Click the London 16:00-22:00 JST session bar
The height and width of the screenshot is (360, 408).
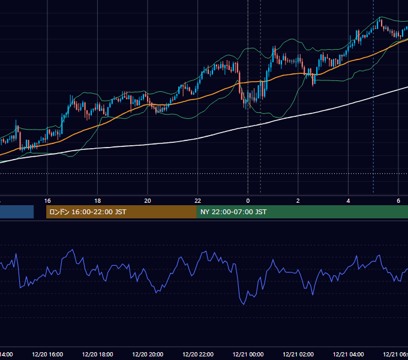(121, 212)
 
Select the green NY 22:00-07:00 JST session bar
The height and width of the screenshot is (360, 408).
(302, 212)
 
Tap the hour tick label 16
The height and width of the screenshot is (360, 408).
(47, 201)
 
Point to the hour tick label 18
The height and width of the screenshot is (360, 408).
(98, 201)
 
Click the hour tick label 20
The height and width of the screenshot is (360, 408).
(148, 201)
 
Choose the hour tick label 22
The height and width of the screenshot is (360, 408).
(198, 201)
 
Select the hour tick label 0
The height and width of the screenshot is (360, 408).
(248, 201)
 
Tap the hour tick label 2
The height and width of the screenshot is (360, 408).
(298, 201)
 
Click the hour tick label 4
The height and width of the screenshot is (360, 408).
(348, 201)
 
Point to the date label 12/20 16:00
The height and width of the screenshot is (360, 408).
(47, 354)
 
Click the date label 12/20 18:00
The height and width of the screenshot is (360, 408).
(98, 354)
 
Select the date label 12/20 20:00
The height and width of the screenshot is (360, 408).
(148, 354)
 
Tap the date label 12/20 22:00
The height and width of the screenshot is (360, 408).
(198, 354)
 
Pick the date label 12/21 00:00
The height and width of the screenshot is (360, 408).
(248, 354)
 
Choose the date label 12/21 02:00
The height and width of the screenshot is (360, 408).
(298, 354)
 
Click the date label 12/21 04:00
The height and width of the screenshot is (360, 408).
(349, 354)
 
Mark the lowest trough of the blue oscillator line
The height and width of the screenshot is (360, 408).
(244, 304)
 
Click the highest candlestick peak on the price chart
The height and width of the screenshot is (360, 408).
(380, 17)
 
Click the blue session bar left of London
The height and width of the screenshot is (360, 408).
(17, 212)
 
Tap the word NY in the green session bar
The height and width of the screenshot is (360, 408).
(205, 212)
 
